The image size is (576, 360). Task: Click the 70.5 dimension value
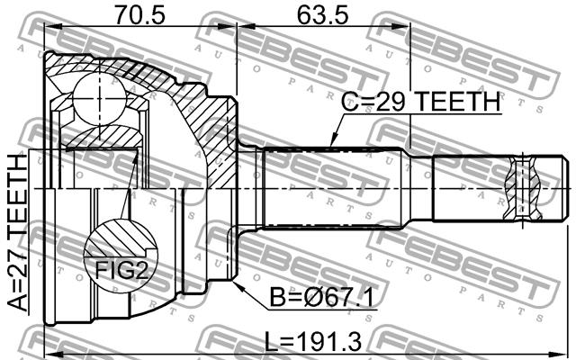tap(140, 14)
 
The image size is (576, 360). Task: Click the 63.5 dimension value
tap(322, 14)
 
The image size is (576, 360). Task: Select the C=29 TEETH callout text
tap(420, 102)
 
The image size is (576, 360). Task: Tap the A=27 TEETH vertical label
tap(18, 233)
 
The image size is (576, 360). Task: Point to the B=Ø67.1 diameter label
tap(321, 297)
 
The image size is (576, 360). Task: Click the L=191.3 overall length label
tap(313, 342)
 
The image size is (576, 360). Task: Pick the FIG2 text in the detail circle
tap(121, 271)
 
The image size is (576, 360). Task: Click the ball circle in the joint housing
tap(100, 98)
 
